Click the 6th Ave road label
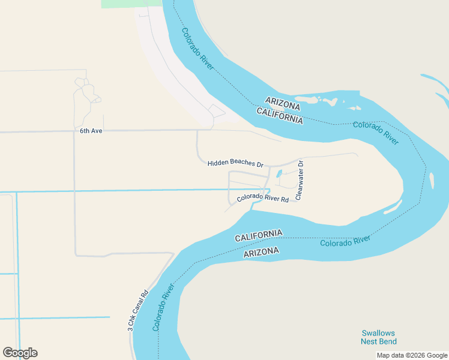click(x=91, y=130)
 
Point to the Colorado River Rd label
click(x=263, y=198)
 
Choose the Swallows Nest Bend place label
click(x=378, y=337)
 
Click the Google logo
click(x=20, y=353)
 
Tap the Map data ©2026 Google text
click(x=412, y=355)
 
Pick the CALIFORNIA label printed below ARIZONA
click(x=280, y=115)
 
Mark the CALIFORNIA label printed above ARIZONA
click(x=258, y=236)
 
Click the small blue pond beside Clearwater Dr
click(x=279, y=175)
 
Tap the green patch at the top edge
click(x=131, y=4)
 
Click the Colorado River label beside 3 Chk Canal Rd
click(x=163, y=308)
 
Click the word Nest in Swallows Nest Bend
click(x=370, y=341)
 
